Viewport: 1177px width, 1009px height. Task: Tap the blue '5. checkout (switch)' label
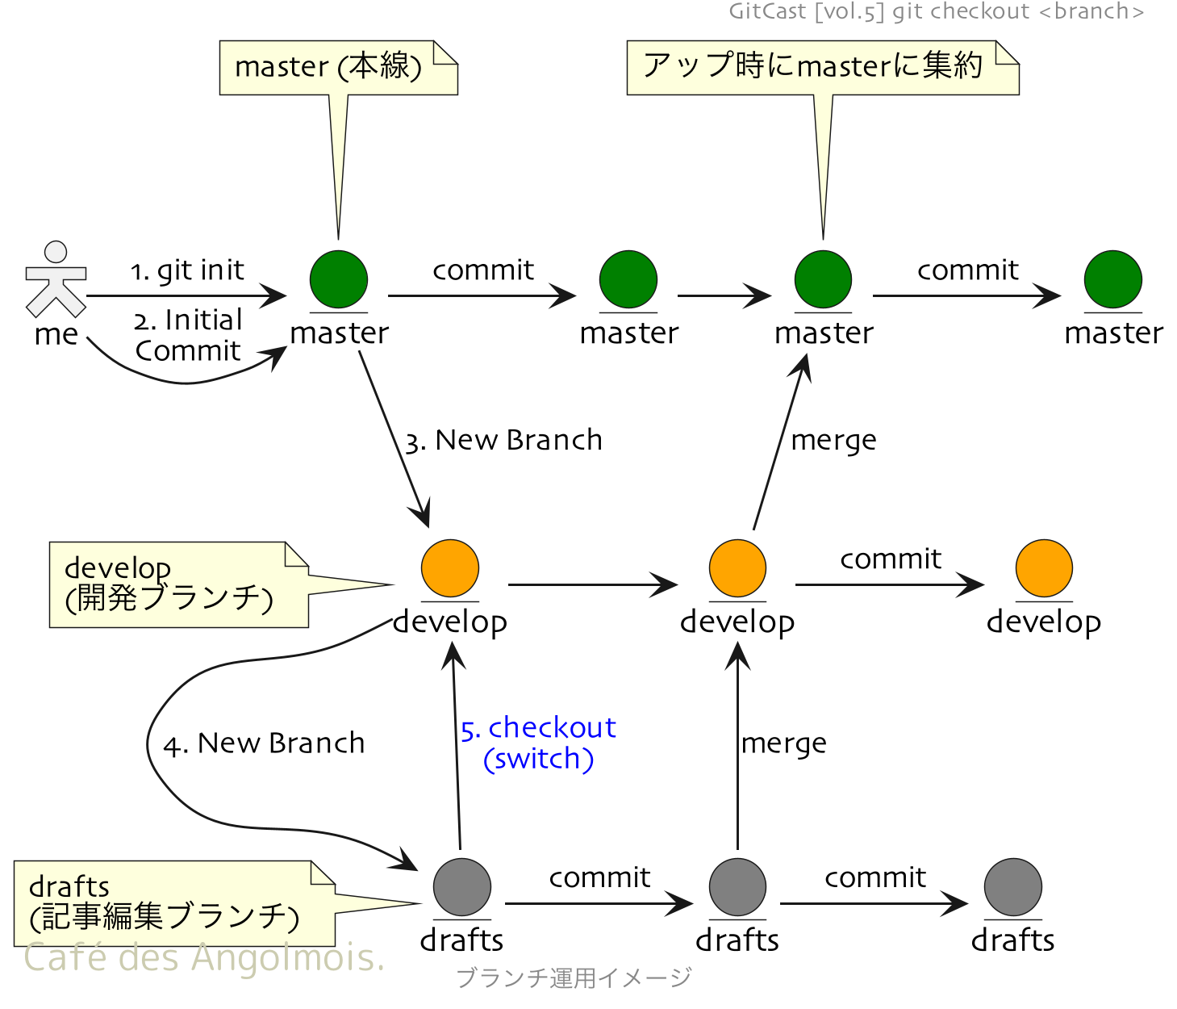(x=539, y=743)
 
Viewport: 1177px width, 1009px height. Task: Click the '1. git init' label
(x=187, y=270)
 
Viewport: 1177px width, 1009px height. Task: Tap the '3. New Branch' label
(x=503, y=441)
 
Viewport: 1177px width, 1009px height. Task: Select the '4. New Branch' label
(x=264, y=743)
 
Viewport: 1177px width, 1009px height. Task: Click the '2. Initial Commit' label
(x=188, y=336)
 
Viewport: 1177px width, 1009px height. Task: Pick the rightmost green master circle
(x=1112, y=279)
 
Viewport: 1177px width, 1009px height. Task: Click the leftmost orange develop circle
(x=450, y=568)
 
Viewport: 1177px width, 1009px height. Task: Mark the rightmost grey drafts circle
(x=1012, y=887)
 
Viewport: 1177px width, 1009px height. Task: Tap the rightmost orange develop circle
(x=1044, y=568)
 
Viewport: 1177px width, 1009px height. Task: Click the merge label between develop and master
(x=833, y=441)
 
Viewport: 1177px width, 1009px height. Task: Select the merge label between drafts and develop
(x=783, y=743)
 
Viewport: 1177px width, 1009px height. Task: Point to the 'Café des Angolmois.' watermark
(x=204, y=958)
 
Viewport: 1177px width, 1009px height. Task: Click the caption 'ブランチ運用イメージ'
(x=574, y=978)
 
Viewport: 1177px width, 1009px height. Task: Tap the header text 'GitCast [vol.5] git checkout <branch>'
(x=936, y=11)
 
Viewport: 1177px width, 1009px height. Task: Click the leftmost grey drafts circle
(x=462, y=887)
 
